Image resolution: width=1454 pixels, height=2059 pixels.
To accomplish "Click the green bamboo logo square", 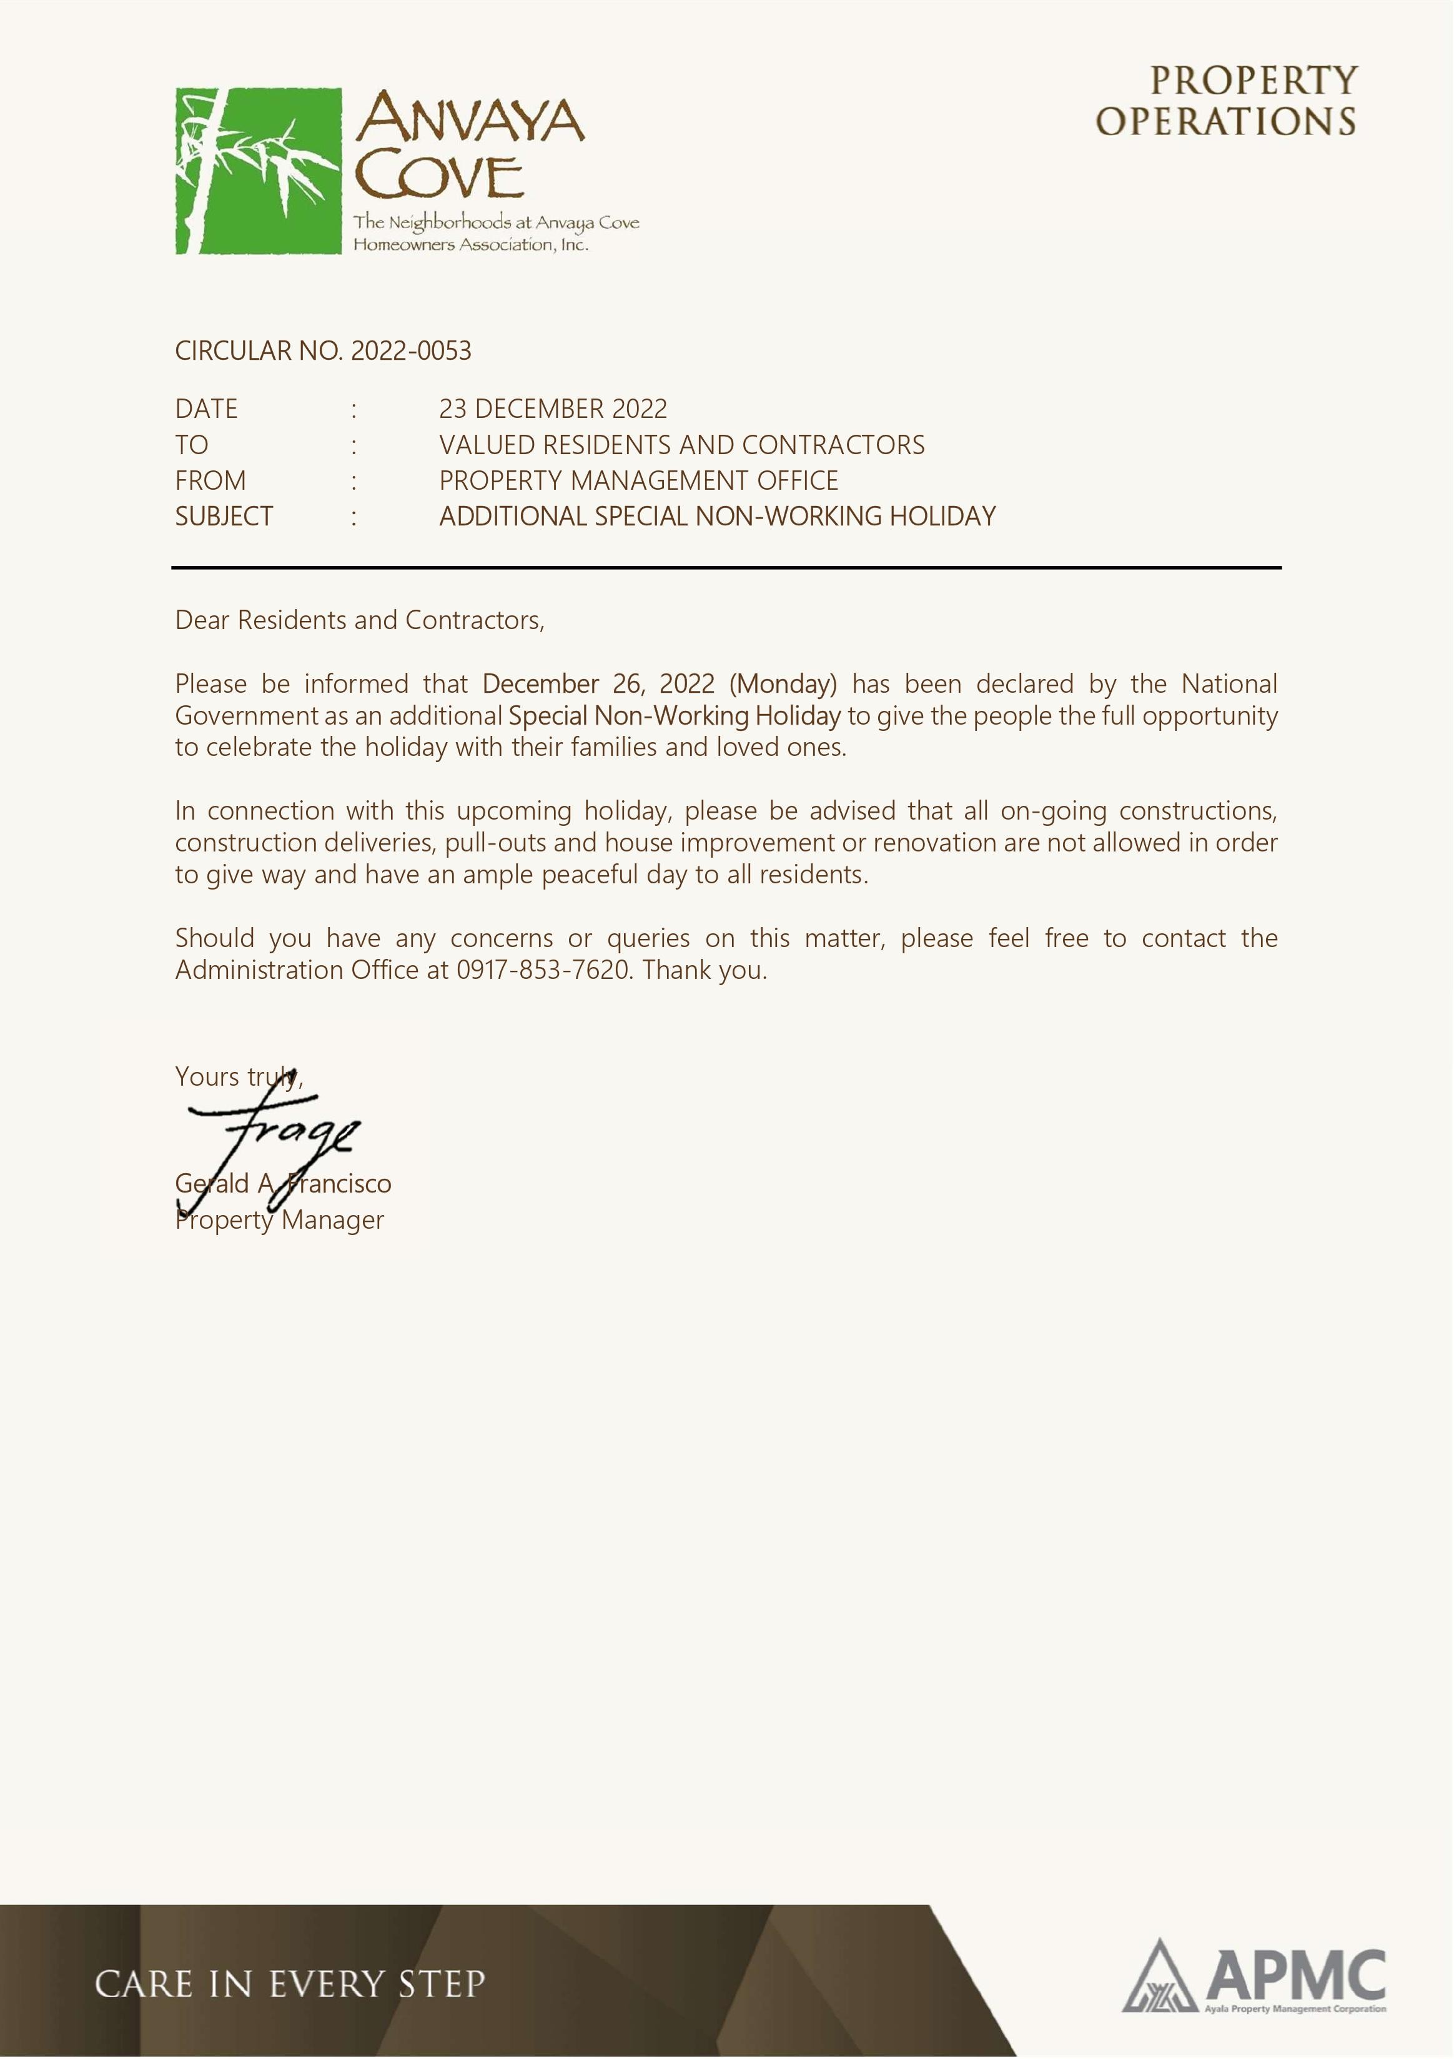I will tap(258, 171).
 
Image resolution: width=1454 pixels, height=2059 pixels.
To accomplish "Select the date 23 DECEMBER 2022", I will tap(553, 409).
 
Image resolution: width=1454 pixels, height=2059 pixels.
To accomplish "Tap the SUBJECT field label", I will tap(223, 517).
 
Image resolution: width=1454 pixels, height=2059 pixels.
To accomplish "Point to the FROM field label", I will tap(210, 480).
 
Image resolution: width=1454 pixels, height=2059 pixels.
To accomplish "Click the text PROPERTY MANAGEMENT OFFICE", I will tap(638, 480).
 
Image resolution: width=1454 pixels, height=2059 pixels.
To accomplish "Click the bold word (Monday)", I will tap(783, 684).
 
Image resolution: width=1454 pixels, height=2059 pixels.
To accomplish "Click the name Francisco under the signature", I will tap(340, 1184).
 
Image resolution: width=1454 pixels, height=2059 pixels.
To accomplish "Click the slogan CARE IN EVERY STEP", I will tap(290, 1983).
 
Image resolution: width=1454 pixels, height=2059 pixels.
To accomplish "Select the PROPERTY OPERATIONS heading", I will tap(1226, 101).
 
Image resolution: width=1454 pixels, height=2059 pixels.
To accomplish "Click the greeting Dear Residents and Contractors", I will tap(360, 620).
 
